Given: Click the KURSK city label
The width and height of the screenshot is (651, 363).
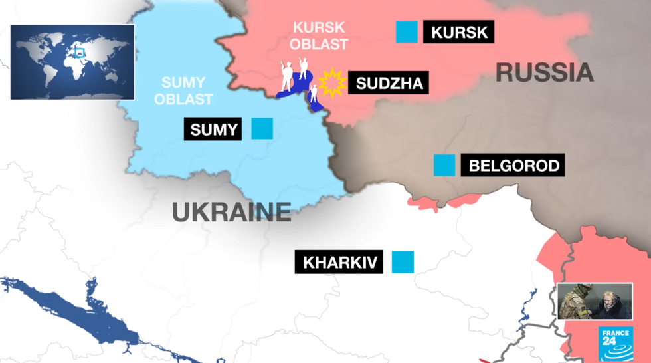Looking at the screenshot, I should (458, 32).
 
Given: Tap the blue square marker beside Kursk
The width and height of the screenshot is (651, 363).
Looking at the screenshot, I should (407, 32).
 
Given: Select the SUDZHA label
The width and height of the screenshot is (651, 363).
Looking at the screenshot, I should (389, 84).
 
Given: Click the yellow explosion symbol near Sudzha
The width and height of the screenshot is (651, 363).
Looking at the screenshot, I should (331, 83).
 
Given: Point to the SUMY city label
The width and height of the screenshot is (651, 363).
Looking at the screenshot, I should (214, 129).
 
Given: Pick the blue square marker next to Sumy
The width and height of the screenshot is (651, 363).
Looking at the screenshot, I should (262, 128).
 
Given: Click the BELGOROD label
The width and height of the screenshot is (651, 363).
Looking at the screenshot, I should (513, 166).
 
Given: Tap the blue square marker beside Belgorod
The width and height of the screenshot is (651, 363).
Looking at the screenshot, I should (444, 165).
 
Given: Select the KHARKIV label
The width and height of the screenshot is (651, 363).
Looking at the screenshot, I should (339, 262).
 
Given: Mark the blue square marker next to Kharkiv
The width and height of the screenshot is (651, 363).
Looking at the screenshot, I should (403, 261).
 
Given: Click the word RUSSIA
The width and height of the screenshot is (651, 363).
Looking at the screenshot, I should (544, 72).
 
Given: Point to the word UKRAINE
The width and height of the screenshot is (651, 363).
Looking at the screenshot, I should (232, 212).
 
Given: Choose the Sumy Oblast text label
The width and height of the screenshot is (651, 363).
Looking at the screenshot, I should (187, 91).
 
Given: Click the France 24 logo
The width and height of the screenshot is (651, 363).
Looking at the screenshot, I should (616, 344).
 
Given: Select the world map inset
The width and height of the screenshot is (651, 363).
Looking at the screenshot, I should (72, 62).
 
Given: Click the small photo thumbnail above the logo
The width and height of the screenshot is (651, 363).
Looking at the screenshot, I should (595, 301).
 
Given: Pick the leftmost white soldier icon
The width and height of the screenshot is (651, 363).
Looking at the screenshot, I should (286, 76).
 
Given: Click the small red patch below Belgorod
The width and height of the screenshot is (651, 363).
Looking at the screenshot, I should (423, 202).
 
